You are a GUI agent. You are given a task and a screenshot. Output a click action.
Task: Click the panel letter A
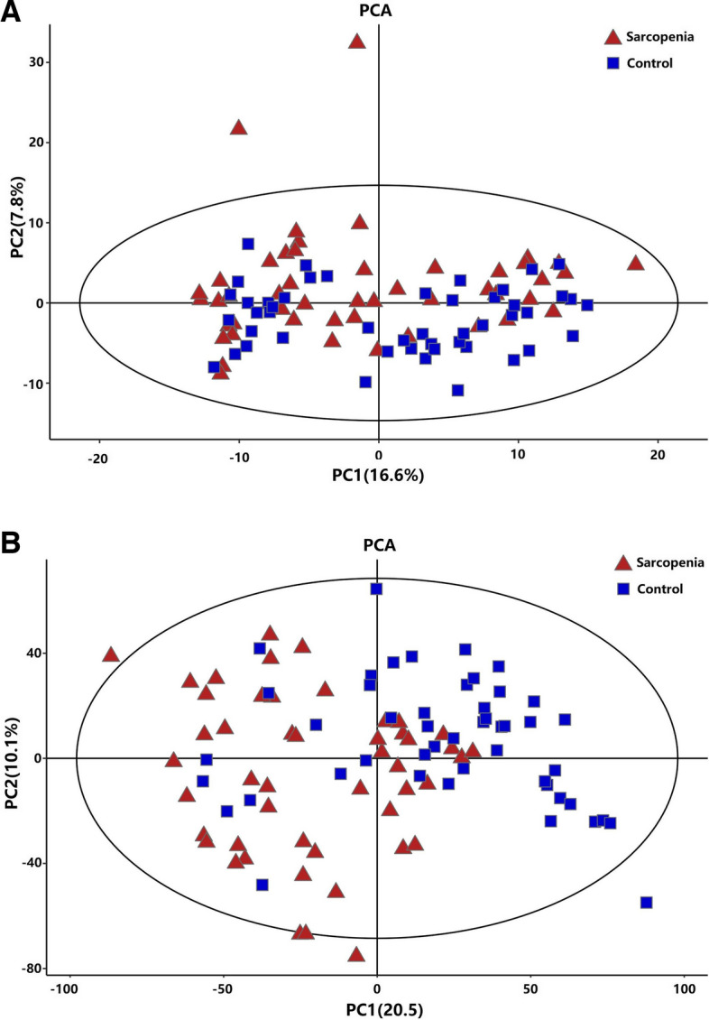pos(12,13)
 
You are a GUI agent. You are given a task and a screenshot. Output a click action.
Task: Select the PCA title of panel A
pos(378,11)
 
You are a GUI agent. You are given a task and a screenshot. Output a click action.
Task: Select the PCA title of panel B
pos(378,544)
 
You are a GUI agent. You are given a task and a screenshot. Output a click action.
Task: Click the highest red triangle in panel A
pos(357,42)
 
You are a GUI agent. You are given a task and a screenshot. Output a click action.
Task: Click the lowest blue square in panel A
pos(458,390)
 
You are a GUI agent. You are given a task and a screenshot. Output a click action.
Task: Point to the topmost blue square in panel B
pos(377,589)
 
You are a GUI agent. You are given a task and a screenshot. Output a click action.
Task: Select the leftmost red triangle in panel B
pos(111,654)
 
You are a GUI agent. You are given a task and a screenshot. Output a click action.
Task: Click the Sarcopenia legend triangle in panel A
pos(612,38)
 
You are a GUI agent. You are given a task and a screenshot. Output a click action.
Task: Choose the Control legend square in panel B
pos(622,589)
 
